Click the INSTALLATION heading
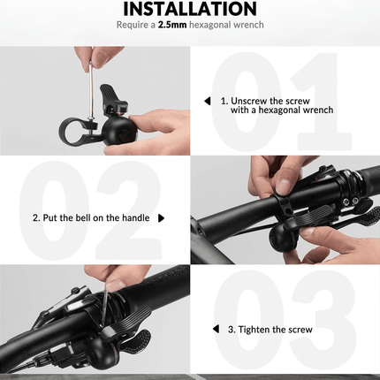(x=189, y=10)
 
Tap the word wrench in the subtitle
(x=247, y=25)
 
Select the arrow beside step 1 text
(x=207, y=101)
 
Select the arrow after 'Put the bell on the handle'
(x=160, y=217)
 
